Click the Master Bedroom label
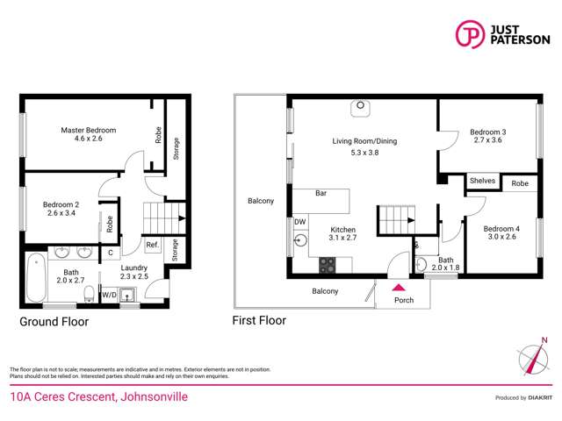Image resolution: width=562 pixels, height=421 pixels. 88,131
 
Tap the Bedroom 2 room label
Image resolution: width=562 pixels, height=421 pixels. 61,205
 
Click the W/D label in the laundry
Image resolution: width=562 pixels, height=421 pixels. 109,296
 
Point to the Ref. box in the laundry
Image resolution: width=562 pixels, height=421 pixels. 152,245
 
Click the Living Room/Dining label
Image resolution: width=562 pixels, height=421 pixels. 364,141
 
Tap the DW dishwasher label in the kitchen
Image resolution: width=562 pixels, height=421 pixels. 299,222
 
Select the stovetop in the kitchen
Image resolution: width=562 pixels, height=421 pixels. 327,262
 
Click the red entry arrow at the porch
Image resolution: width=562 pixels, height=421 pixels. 398,287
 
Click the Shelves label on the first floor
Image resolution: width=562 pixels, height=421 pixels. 482,182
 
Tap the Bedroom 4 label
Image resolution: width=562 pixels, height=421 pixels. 501,230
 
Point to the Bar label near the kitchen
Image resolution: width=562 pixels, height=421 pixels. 321,194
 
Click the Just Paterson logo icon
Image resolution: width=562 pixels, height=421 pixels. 470,33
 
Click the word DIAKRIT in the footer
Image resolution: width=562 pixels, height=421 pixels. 539,397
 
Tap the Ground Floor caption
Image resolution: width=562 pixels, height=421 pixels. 54,322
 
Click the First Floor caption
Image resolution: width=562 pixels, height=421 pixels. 260,321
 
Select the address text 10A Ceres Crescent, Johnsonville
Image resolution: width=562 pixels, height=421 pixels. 98,397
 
